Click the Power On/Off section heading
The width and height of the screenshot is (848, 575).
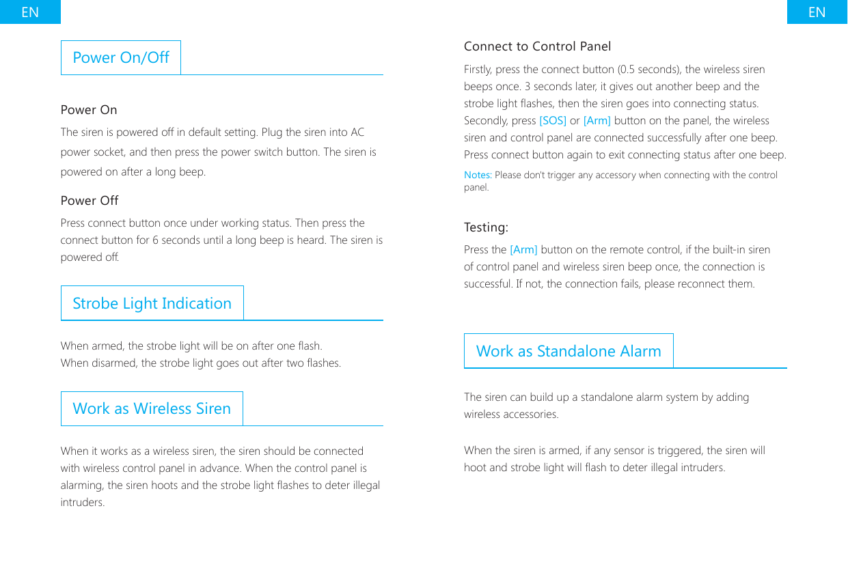tap(121, 57)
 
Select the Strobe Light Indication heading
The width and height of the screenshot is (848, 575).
tap(152, 303)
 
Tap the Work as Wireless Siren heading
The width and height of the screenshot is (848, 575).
tap(152, 408)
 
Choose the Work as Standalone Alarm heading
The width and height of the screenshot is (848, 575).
tap(569, 351)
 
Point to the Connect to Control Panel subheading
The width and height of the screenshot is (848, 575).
tap(537, 46)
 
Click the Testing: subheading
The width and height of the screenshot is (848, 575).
tap(486, 227)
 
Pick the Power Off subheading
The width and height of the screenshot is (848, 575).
tap(90, 201)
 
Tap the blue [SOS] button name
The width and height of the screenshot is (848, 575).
tap(553, 121)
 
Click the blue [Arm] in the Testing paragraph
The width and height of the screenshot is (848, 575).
tap(523, 250)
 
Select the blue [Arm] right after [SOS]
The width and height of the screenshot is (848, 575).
tap(597, 121)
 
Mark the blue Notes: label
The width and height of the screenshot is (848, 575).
tap(478, 176)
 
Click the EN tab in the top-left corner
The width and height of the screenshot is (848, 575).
tap(30, 12)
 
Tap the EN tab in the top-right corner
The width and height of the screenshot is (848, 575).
tap(817, 12)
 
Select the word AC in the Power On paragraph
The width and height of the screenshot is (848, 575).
tap(357, 132)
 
